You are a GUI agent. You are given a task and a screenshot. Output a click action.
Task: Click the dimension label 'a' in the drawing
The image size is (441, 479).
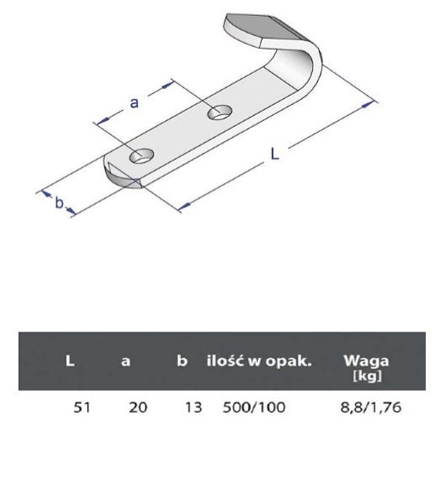(134, 103)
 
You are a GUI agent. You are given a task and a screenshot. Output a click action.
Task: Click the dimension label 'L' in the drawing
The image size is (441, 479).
(275, 153)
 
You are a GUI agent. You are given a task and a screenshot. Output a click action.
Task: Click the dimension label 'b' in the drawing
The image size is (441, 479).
(60, 203)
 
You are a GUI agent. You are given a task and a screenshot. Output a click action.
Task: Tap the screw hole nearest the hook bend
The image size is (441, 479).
(220, 112)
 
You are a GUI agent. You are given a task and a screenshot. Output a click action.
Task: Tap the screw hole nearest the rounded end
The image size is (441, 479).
(141, 155)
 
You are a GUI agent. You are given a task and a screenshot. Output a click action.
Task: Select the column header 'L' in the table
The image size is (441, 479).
(70, 361)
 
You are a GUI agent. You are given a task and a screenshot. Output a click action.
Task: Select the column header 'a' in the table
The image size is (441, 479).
(125, 361)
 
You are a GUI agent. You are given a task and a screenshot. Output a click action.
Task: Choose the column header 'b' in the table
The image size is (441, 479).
(182, 361)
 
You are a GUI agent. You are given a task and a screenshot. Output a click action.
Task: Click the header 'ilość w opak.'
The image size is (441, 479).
(259, 361)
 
